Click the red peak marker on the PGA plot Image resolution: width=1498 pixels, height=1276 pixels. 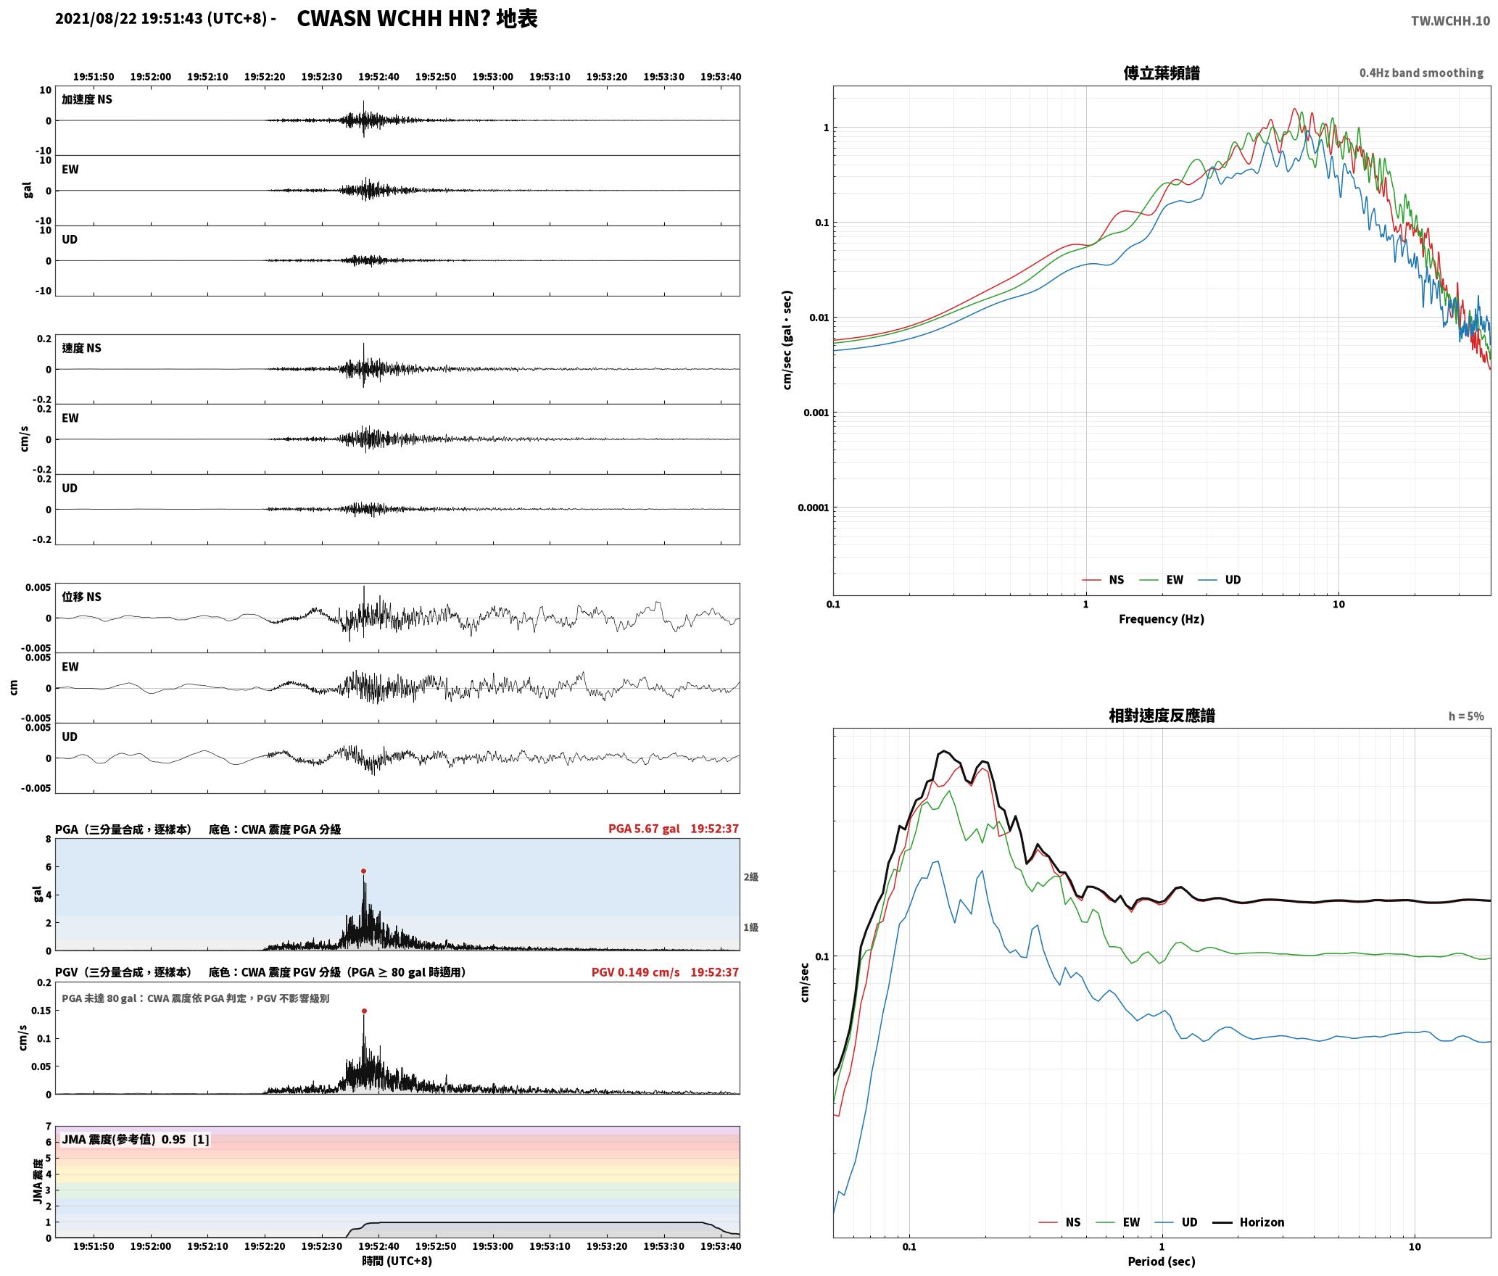pyautogui.click(x=363, y=871)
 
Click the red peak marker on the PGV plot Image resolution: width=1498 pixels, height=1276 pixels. pyautogui.click(x=364, y=1011)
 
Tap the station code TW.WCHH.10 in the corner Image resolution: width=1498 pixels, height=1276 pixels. pyautogui.click(x=1450, y=20)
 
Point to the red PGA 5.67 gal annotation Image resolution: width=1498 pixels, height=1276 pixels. pyautogui.click(x=644, y=828)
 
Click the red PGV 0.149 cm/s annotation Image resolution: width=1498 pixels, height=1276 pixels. pyautogui.click(x=636, y=971)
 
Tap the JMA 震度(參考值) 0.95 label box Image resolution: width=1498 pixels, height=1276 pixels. pyautogui.click(x=136, y=1139)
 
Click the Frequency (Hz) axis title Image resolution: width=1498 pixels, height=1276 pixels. pyautogui.click(x=1161, y=618)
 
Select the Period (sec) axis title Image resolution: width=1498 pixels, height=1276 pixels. pyautogui.click(x=1161, y=1261)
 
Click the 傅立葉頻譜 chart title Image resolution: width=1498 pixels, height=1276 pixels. pyautogui.click(x=1161, y=72)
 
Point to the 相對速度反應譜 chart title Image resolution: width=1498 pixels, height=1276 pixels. pyautogui.click(x=1162, y=716)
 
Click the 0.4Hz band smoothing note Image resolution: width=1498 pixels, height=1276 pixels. pyautogui.click(x=1421, y=72)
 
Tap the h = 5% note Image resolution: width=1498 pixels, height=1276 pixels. pyautogui.click(x=1466, y=716)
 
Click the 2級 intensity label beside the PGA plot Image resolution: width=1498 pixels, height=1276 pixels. pyautogui.click(x=750, y=877)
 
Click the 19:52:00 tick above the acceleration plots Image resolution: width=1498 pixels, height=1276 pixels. pyautogui.click(x=151, y=76)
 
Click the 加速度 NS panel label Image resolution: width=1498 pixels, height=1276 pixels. pyautogui.click(x=87, y=99)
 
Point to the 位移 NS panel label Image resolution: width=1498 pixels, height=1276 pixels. pyautogui.click(x=81, y=597)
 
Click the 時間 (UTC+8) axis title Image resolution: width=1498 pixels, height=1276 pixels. pyautogui.click(x=397, y=1261)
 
